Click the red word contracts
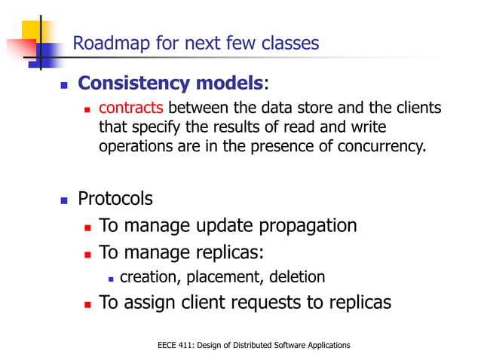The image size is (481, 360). [131, 109]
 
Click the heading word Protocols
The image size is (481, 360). [115, 199]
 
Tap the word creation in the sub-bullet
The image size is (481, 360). [147, 277]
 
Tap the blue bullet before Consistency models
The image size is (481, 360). [64, 84]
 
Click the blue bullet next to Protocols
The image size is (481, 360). [64, 200]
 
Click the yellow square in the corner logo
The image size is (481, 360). [34, 32]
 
